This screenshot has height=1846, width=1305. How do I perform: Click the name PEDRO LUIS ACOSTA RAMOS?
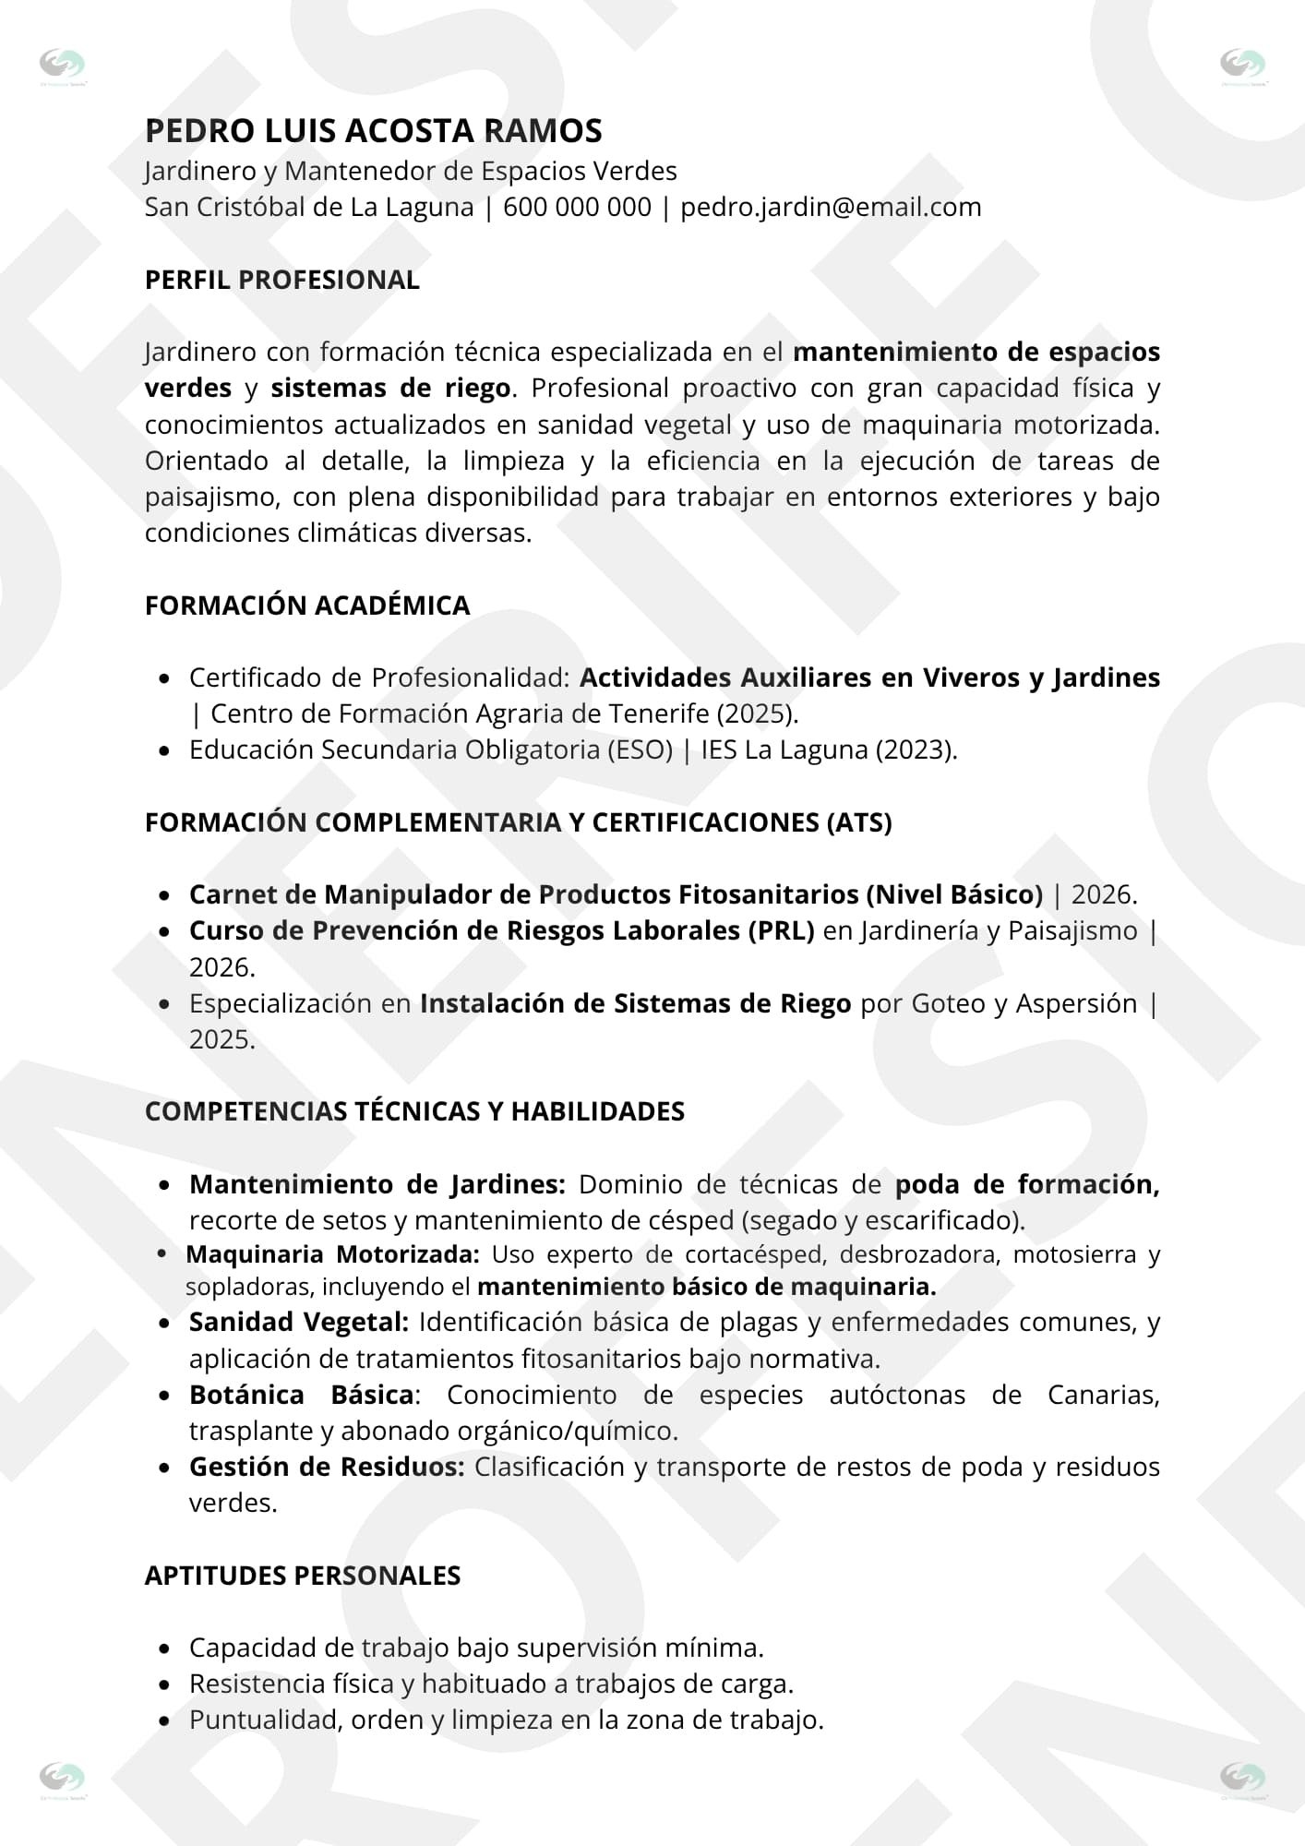tap(373, 131)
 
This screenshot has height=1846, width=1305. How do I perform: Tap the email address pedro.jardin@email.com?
tap(831, 207)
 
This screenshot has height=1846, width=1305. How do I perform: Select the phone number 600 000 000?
tap(577, 207)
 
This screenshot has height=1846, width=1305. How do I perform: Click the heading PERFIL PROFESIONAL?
tap(281, 280)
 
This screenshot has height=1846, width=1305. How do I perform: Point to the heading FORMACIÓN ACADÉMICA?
tap(307, 605)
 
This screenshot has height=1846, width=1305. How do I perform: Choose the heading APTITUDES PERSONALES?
tap(303, 1576)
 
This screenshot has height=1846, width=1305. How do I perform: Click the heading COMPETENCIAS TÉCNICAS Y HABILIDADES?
tap(414, 1111)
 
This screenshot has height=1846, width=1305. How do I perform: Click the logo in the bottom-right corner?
tap(1242, 1777)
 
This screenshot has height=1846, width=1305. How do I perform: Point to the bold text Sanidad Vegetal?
tap(299, 1322)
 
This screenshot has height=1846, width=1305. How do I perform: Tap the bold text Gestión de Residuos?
tap(327, 1467)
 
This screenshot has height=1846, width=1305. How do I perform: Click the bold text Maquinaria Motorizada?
tap(332, 1254)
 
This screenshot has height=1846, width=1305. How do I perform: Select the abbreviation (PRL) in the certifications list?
tap(780, 930)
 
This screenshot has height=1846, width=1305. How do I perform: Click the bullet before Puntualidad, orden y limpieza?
tap(164, 1720)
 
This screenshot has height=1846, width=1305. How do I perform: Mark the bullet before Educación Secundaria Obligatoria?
tap(164, 750)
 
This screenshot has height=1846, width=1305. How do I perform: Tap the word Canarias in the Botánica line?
tap(1102, 1395)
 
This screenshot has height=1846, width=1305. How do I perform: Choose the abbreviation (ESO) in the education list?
tap(640, 749)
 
